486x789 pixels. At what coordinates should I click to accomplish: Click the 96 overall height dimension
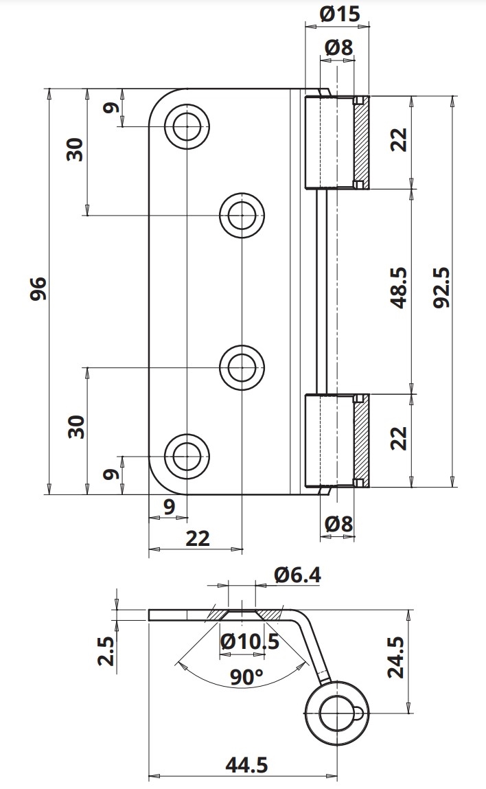coord(38,288)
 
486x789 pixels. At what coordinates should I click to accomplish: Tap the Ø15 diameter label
coord(340,14)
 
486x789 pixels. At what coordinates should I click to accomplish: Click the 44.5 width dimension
coord(246,766)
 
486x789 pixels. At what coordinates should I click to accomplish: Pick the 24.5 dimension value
coord(395,658)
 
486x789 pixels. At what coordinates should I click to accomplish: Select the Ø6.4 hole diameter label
coord(298,575)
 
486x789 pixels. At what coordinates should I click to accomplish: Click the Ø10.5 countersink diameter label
coord(250,641)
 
